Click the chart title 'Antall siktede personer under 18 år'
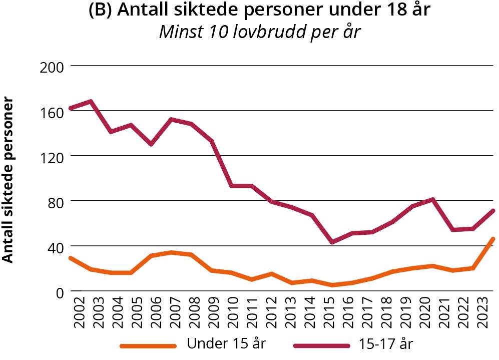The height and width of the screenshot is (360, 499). (x=259, y=11)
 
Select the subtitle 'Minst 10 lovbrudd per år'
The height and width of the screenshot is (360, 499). (x=259, y=32)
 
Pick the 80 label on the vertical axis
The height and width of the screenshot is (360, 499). (x=54, y=201)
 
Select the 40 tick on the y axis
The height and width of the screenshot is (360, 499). (x=54, y=246)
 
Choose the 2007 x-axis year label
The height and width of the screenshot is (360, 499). (x=173, y=311)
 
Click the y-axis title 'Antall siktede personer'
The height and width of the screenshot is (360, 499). (x=8, y=180)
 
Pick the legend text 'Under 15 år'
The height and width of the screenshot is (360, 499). (x=226, y=344)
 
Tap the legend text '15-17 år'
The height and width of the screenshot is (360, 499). (x=386, y=344)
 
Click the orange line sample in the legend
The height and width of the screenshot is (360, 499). (x=149, y=345)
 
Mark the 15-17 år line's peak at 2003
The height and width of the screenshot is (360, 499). (x=91, y=102)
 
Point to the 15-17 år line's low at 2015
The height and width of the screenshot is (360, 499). (x=332, y=242)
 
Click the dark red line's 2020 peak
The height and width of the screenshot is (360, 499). (x=432, y=200)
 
